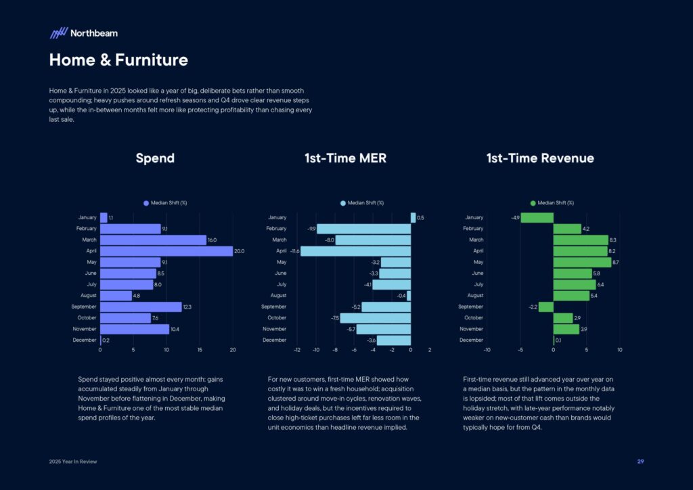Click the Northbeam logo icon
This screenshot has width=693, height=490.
59,32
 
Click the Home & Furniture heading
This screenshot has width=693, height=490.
118,60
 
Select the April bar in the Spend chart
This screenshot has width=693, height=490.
166,251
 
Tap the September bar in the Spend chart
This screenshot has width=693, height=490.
141,307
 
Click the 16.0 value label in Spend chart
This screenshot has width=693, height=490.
212,240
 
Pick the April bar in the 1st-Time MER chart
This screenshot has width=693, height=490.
355,251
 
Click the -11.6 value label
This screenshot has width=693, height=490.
294,251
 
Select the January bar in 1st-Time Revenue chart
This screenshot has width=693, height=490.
537,218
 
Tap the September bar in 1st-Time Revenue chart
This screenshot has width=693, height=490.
546,307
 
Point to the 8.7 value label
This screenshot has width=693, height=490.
615,262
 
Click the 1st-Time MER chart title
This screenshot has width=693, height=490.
345,158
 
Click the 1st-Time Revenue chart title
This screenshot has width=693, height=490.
540,158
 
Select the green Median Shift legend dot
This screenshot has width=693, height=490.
533,203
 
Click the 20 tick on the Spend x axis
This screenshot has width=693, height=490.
233,350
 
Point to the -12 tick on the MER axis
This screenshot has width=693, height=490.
297,350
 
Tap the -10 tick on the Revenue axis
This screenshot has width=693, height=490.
487,350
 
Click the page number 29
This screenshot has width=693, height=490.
640,462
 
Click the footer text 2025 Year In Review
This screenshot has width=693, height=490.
72,462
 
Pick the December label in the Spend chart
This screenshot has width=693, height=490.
85,340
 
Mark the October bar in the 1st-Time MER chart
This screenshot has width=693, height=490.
375,317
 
